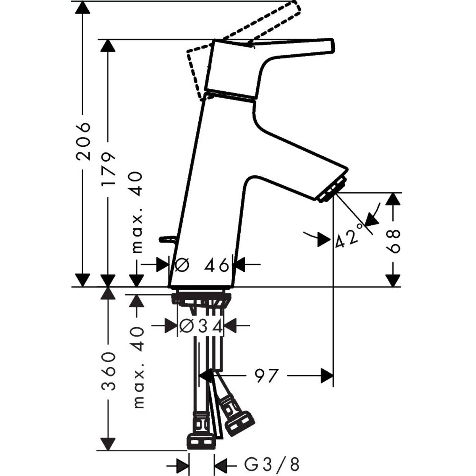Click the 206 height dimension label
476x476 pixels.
coord(83,141)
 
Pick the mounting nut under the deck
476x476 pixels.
coord(201,299)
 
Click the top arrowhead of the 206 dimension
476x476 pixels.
coord(83,8)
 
